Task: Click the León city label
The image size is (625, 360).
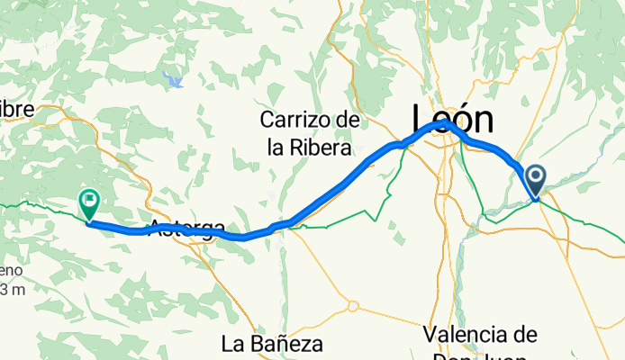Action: [x=453, y=118]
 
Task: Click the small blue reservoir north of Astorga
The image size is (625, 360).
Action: [x=174, y=81]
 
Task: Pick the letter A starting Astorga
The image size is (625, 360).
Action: [x=156, y=229]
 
